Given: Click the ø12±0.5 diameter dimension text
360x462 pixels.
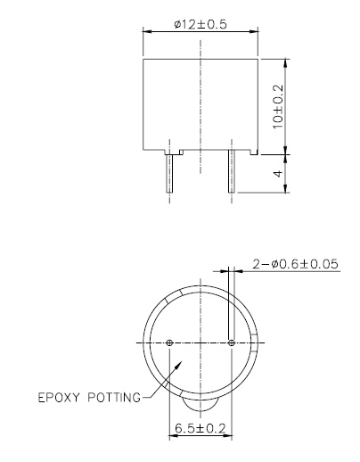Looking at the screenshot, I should (201, 24).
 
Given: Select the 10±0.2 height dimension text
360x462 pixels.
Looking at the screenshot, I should (278, 107).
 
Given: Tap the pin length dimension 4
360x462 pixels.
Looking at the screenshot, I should (278, 173).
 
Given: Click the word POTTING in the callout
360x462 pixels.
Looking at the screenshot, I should (114, 398).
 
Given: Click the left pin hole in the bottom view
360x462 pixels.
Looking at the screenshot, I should (169, 342).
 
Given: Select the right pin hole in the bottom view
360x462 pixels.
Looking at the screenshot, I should (232, 342).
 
